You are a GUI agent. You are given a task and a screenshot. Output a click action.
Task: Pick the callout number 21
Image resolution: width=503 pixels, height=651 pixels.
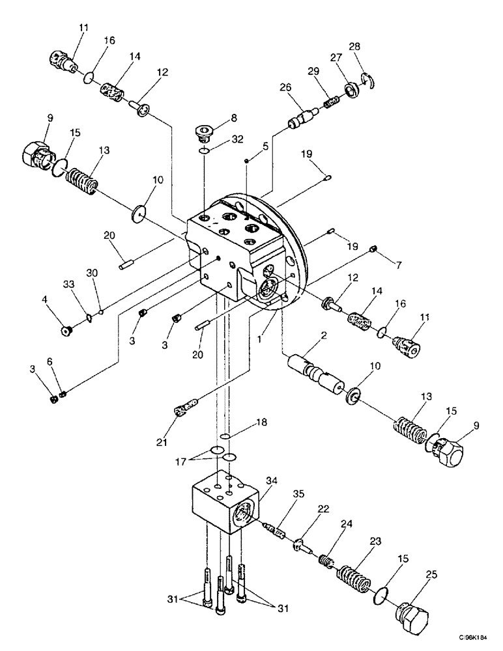click(162, 442)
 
